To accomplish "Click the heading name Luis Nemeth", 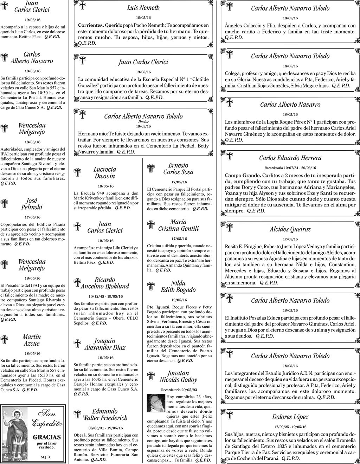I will pos(143,8).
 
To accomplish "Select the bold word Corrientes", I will pos(91,26).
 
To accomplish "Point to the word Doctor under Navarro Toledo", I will pos(143,122).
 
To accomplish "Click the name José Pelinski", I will pos(32,204).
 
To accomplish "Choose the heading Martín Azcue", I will pos(32,340).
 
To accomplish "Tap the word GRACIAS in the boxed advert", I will pos(47,437).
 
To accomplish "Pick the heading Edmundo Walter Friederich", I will pos(105,414).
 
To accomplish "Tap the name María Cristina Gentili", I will pos(178,225).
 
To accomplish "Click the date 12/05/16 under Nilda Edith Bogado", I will pos(179,300).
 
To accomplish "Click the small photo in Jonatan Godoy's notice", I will pos(156,403).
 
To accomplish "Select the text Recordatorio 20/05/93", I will pos(179,390).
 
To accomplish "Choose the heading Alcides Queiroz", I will pos(290,229).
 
